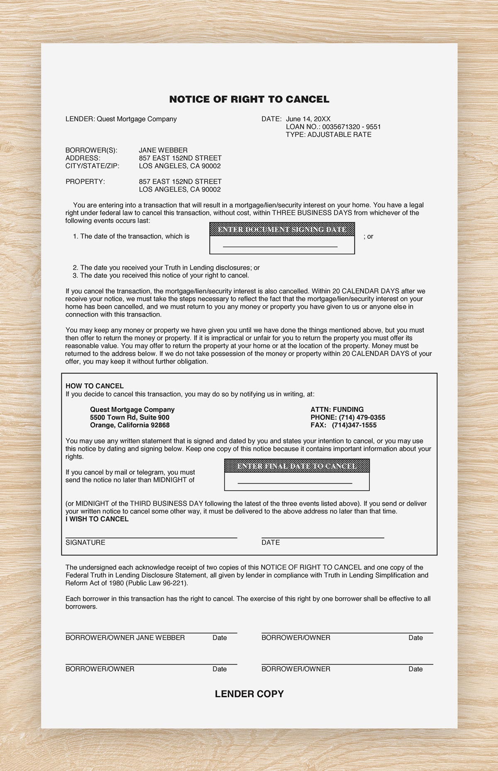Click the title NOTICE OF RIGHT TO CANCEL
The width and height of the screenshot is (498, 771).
(249, 100)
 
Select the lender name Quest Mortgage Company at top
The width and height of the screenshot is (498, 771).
(137, 119)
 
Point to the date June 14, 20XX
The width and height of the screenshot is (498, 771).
(308, 119)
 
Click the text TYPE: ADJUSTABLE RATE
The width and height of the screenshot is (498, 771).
(328, 135)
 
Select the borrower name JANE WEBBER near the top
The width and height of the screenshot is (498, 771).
(163, 150)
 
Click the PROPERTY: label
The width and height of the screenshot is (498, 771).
(85, 182)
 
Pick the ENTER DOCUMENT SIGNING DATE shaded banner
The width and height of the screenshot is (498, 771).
(282, 229)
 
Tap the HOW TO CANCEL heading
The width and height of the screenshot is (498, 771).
(95, 386)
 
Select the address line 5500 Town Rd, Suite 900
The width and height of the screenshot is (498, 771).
(129, 417)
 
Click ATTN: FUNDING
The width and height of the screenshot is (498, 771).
(337, 409)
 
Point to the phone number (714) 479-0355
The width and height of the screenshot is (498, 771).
(362, 417)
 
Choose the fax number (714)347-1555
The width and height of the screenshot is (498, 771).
(354, 425)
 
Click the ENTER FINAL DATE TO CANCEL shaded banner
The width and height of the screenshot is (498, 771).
(297, 466)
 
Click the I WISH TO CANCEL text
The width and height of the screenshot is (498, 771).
(97, 519)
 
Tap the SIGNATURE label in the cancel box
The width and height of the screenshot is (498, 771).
(85, 542)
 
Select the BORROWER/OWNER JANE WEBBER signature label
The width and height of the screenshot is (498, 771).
(125, 637)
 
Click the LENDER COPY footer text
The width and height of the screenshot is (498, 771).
(249, 694)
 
